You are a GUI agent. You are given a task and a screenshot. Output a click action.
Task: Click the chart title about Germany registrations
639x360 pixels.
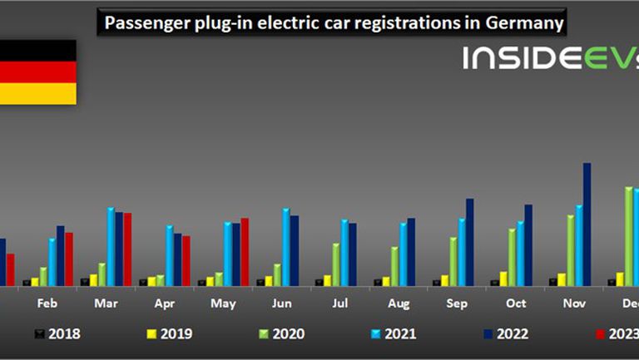(331, 23)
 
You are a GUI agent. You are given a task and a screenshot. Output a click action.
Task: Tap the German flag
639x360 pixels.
(37, 72)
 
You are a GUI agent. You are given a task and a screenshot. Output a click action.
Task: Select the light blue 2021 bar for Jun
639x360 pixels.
(285, 247)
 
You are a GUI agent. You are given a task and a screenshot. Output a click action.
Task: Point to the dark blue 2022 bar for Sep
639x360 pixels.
(469, 242)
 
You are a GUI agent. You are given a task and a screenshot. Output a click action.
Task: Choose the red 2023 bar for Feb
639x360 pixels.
(69, 259)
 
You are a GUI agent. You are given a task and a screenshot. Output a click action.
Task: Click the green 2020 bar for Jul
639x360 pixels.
(335, 264)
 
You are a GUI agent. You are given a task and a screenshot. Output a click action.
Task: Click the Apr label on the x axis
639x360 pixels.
(164, 304)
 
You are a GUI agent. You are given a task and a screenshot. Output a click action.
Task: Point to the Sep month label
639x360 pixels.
(456, 304)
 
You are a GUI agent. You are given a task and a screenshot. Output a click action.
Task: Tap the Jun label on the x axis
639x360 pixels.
(281, 304)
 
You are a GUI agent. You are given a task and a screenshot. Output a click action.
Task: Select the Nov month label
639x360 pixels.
(573, 304)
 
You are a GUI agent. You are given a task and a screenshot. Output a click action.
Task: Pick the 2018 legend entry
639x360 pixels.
(58, 334)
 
